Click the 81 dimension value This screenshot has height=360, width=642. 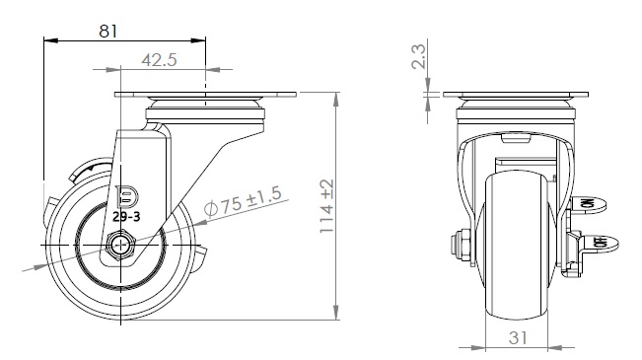(108, 32)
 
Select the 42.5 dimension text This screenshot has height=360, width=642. (160, 60)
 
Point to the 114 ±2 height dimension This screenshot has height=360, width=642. (327, 206)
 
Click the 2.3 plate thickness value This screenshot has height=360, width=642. (418, 56)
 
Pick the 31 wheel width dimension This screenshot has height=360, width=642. (518, 338)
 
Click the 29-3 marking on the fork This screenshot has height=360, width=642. (126, 217)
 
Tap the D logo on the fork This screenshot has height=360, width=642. (127, 198)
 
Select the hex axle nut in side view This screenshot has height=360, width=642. (120, 246)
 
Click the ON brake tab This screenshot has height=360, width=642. (589, 203)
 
